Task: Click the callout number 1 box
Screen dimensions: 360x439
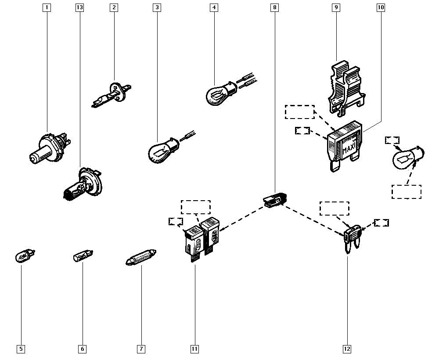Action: (x=47, y=7)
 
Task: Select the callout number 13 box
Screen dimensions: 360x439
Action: (x=79, y=7)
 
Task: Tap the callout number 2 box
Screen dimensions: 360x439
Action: (x=114, y=7)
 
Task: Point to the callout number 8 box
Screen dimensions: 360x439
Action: (x=274, y=7)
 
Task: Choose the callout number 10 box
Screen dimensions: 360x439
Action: (x=380, y=7)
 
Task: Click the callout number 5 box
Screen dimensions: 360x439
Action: (x=21, y=349)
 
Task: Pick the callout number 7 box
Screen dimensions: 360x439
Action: (x=141, y=349)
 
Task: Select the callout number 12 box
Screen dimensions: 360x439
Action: (x=347, y=349)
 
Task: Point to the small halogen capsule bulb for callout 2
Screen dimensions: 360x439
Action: (x=110, y=94)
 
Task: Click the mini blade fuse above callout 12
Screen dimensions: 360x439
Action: (x=352, y=237)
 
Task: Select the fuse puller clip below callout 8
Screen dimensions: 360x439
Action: (x=274, y=201)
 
